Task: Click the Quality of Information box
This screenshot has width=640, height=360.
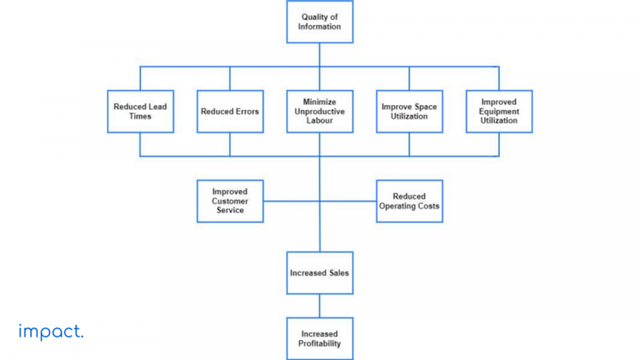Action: coord(319,21)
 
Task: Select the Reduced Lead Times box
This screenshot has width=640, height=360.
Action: coord(140,112)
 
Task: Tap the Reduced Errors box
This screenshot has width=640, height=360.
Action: coord(230,112)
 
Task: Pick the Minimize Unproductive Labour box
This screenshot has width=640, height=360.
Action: coord(319,112)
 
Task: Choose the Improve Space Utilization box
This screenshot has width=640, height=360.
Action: coord(409,112)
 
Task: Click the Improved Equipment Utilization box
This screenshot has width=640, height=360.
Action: coord(499,112)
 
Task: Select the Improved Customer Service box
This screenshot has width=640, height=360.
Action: coord(230,201)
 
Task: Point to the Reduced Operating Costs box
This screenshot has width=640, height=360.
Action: coord(409,201)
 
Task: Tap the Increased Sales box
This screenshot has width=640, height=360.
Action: coord(319,272)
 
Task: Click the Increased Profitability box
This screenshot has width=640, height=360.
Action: coord(319,337)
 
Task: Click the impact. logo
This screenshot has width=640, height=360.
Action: coord(51,332)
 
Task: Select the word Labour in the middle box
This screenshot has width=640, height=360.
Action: coord(320,122)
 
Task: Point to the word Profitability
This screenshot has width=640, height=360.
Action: coord(320,343)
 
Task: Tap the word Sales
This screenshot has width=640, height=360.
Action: coord(339,272)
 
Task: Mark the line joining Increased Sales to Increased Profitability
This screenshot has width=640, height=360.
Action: coord(319,305)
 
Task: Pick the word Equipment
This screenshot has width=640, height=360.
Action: coord(499,112)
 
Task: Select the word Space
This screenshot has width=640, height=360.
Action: coord(424,107)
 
